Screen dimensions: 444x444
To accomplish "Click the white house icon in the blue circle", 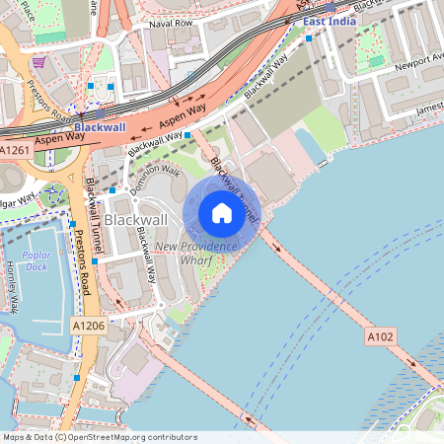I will pyautogui.click(x=222, y=213).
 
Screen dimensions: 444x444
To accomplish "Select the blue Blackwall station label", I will pyautogui.click(x=100, y=128).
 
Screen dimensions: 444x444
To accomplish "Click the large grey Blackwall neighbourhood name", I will pyautogui.click(x=136, y=218).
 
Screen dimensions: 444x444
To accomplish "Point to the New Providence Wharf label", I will pyautogui.click(x=196, y=254).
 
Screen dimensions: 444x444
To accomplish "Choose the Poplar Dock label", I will pyautogui.click(x=37, y=260).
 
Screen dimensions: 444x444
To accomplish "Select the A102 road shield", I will pyautogui.click(x=382, y=336).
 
